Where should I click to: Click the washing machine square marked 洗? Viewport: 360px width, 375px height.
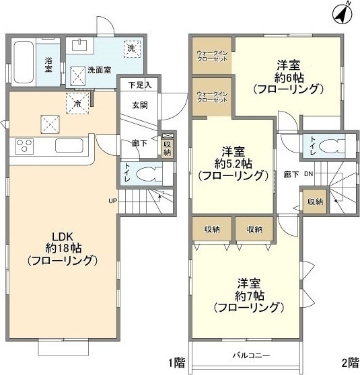(x=131, y=47)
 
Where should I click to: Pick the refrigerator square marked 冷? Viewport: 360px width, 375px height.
(x=77, y=103)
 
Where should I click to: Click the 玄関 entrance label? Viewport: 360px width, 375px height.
(x=140, y=105)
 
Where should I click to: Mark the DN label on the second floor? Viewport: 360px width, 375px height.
(x=309, y=173)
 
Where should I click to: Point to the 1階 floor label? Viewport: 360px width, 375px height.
(x=177, y=363)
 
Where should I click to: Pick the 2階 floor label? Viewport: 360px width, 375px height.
(x=349, y=363)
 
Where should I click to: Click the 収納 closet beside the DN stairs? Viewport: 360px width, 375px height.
(x=314, y=202)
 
